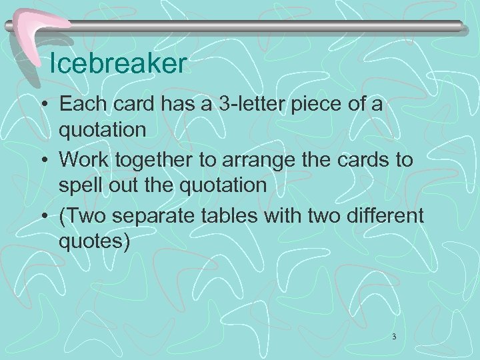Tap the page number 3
coord(394,337)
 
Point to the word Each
coord(81,105)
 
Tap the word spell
coord(81,185)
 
